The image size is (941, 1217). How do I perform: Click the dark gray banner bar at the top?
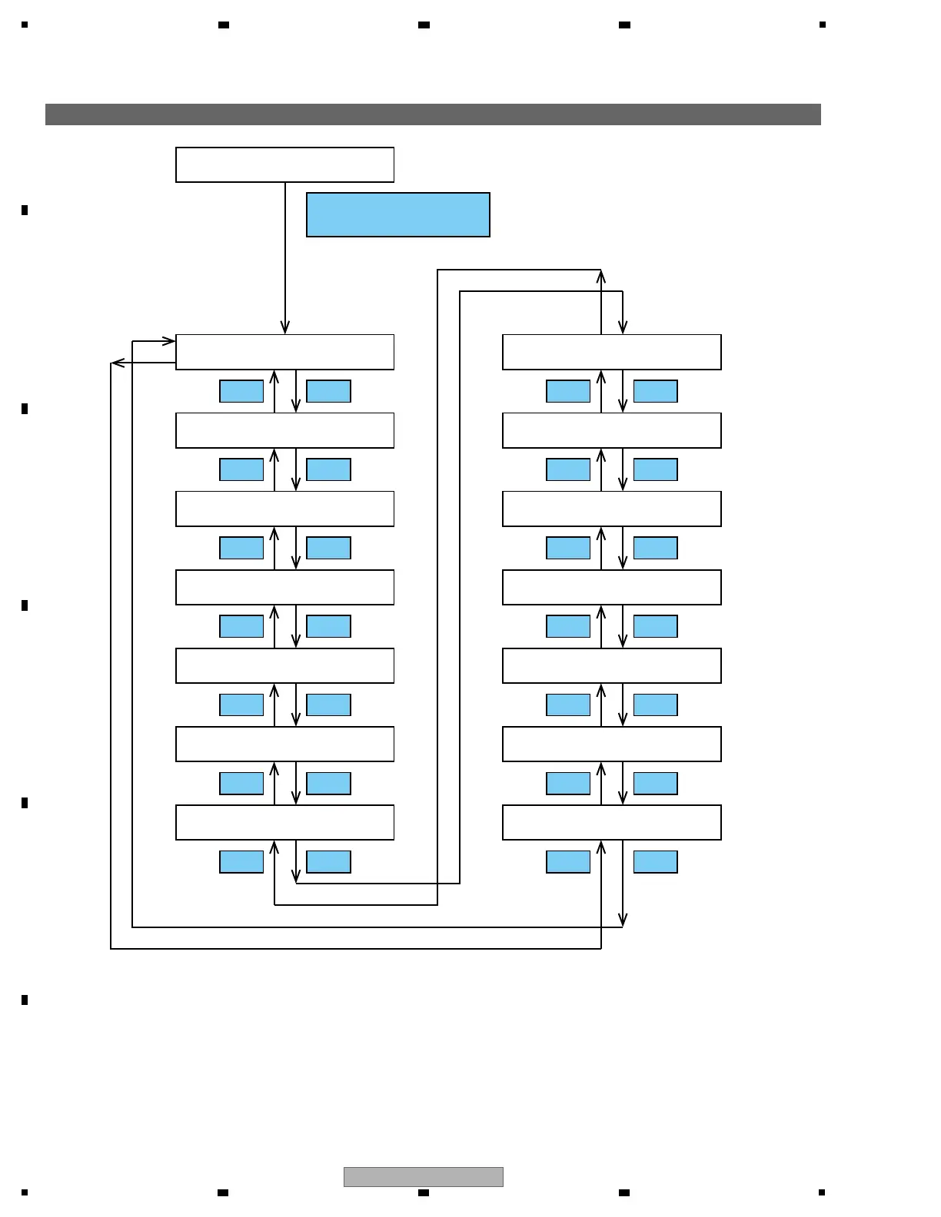pyautogui.click(x=433, y=114)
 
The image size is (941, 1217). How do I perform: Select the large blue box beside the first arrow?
pyautogui.click(x=397, y=214)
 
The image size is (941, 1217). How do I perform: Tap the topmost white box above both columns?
pyautogui.click(x=284, y=164)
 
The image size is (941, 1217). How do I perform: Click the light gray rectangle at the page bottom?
pyautogui.click(x=423, y=1176)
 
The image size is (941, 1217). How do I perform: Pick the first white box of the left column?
pyautogui.click(x=284, y=352)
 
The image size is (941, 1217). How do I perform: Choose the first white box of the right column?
pyautogui.click(x=611, y=352)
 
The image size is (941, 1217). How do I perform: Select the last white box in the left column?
pyautogui.click(x=284, y=822)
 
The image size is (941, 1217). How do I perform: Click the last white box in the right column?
pyautogui.click(x=611, y=822)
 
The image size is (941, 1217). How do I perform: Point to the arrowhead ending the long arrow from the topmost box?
pyautogui.click(x=285, y=328)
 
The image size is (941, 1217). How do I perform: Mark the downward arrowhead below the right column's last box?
pyautogui.click(x=623, y=920)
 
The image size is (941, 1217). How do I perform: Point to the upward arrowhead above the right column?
pyautogui.click(x=601, y=277)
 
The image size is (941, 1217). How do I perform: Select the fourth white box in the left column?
pyautogui.click(x=284, y=587)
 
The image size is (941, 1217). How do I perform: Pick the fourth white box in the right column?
pyautogui.click(x=611, y=587)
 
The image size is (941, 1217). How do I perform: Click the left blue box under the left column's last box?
pyautogui.click(x=241, y=861)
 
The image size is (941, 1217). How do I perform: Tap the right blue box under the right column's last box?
pyautogui.click(x=655, y=861)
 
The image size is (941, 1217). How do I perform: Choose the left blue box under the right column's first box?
pyautogui.click(x=568, y=391)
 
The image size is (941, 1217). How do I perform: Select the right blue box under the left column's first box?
pyautogui.click(x=328, y=391)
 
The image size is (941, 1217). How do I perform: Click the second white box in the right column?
pyautogui.click(x=611, y=430)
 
